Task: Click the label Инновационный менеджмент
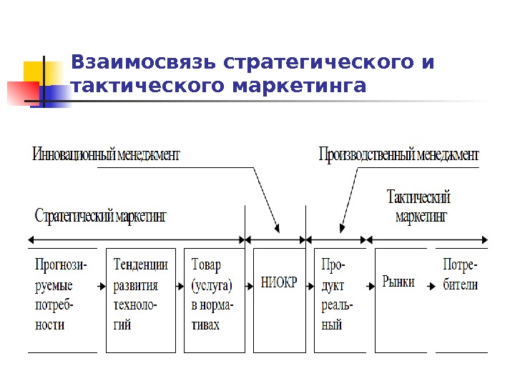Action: (106, 154)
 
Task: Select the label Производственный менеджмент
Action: (398, 154)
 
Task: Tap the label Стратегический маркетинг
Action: (100, 216)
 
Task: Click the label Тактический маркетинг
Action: (418, 206)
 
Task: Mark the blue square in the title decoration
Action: (57, 94)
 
